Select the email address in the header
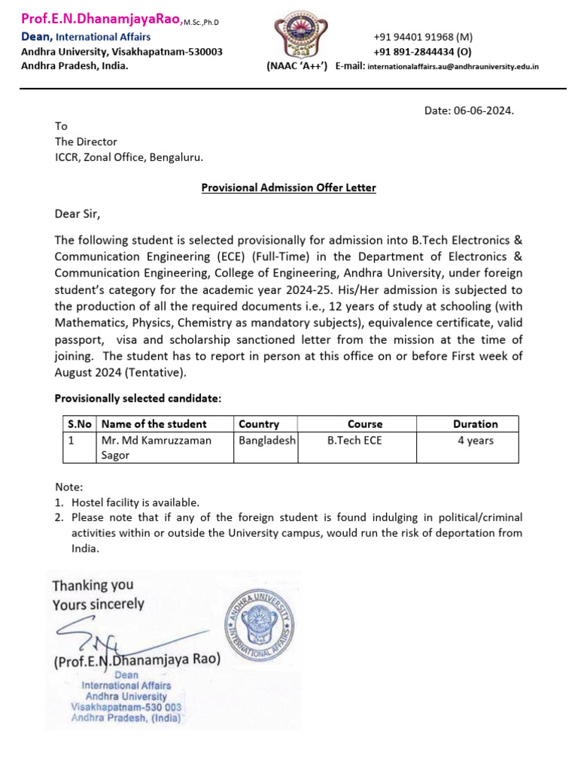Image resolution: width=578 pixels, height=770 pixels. point(453,66)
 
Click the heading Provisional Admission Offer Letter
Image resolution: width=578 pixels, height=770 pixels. point(288,187)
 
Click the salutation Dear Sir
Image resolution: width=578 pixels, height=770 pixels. point(77,214)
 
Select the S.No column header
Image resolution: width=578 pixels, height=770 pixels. point(80,424)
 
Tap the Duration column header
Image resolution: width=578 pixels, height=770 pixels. point(475,424)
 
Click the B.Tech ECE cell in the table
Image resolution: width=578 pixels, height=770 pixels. point(354,441)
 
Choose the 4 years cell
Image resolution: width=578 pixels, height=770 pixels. point(475,441)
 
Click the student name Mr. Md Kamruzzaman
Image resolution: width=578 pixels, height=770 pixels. point(157,441)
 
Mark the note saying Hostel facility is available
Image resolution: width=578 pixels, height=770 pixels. point(135,502)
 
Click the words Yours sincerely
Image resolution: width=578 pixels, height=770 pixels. point(98,604)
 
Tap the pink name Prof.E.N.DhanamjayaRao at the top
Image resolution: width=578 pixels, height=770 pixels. point(101,21)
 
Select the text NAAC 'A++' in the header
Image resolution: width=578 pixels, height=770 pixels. point(297,66)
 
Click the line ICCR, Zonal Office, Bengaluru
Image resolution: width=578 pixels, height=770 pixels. point(129,157)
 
